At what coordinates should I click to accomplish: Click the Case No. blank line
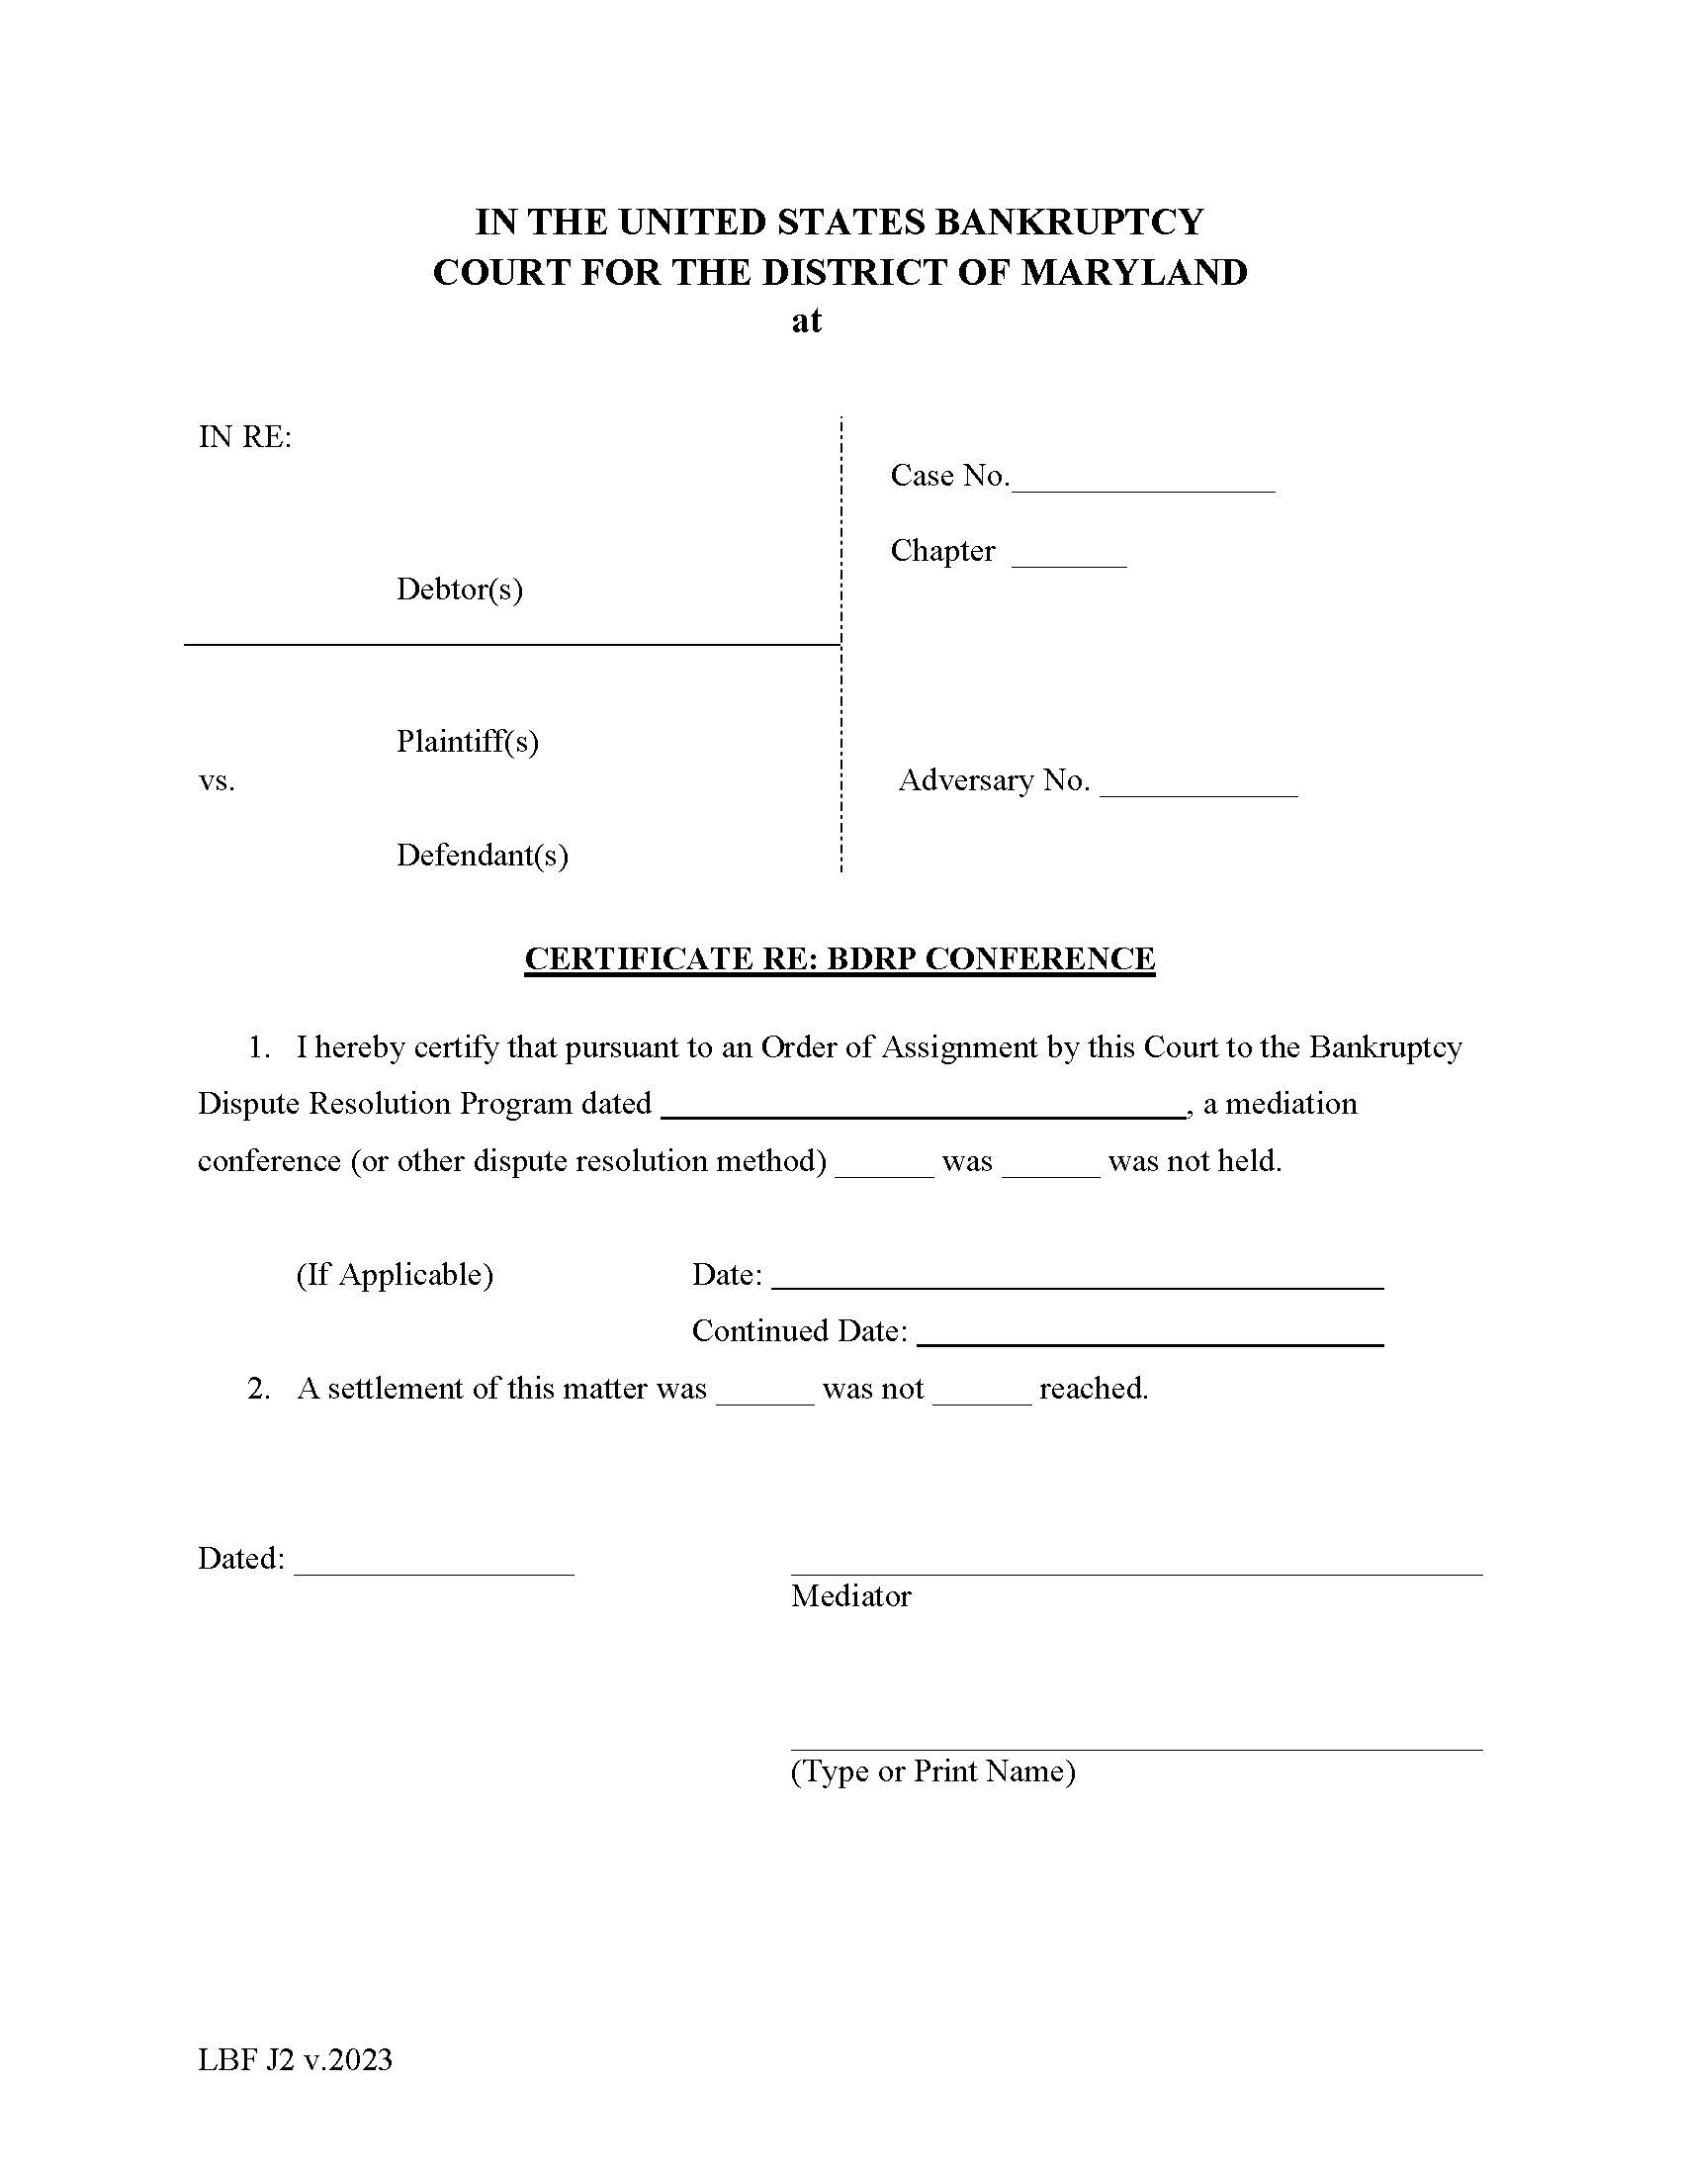pyautogui.click(x=1142, y=481)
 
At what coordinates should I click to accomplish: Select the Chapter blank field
pyautogui.click(x=1069, y=556)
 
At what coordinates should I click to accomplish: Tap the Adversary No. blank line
pyautogui.click(x=1198, y=785)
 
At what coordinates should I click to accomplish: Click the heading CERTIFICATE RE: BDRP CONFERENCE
pyautogui.click(x=840, y=958)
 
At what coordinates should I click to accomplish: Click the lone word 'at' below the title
pyautogui.click(x=806, y=320)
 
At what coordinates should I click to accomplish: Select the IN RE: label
pyautogui.click(x=245, y=436)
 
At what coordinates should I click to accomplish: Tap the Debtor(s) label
pyautogui.click(x=459, y=589)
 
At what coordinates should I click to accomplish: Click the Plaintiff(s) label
pyautogui.click(x=467, y=741)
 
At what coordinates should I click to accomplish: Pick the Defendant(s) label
pyautogui.click(x=482, y=855)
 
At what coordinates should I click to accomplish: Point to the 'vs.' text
pyautogui.click(x=217, y=780)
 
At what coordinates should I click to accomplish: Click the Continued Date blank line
pyautogui.click(x=1149, y=1335)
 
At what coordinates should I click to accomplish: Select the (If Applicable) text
pyautogui.click(x=395, y=1274)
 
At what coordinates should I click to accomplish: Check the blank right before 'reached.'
pyautogui.click(x=982, y=1393)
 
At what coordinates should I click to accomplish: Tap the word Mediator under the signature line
pyautogui.click(x=850, y=1596)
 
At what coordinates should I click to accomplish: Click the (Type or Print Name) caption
pyautogui.click(x=932, y=1771)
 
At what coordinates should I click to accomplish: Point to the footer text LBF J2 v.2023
pyautogui.click(x=295, y=2059)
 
